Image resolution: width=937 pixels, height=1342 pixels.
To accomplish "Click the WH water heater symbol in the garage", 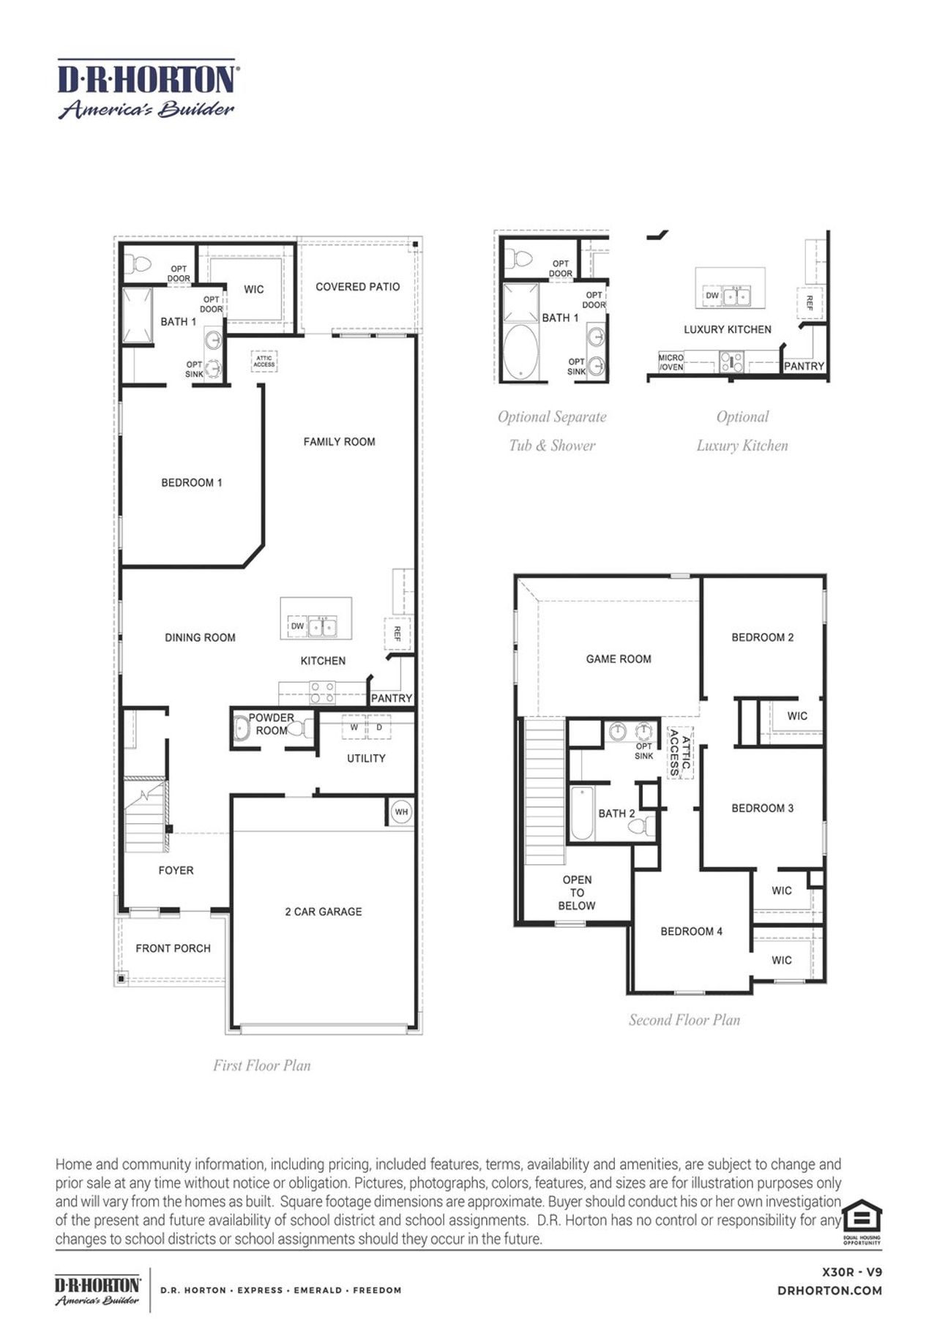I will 400,811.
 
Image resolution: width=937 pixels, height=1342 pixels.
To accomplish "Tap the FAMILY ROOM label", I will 339,442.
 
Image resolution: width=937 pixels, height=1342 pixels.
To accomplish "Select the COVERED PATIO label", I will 357,287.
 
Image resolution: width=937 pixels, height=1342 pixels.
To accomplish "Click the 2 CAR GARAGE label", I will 323,912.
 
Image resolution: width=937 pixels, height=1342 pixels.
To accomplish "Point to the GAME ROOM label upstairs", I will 618,659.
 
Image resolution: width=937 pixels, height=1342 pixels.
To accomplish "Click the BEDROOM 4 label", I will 691,931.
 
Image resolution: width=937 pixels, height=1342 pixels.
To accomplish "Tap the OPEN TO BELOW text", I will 577,893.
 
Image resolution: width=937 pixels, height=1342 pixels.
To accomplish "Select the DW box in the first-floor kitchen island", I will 297,626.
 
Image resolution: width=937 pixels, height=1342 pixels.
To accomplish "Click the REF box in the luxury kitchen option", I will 809,303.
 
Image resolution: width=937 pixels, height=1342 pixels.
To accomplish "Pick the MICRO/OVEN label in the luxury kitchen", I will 671,362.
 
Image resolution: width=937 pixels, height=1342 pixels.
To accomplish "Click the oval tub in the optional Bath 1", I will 521,353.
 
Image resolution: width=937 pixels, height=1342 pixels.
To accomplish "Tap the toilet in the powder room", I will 306,729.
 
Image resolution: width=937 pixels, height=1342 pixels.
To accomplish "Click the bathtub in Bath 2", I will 582,814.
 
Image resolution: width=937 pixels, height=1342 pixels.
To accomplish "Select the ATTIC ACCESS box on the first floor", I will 264,361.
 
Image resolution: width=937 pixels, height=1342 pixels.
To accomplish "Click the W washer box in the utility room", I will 354,728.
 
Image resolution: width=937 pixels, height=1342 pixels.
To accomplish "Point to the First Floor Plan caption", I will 261,1065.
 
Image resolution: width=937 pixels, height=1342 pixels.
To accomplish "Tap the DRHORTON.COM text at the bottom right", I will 829,1291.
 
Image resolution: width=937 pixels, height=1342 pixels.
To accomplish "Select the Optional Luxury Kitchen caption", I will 742,431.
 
